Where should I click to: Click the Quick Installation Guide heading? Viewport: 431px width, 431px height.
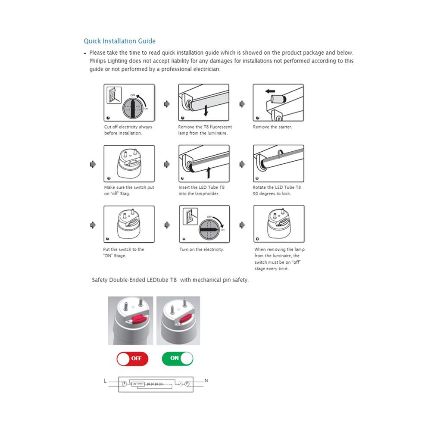coord(119,41)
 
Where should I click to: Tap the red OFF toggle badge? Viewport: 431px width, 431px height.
coord(132,358)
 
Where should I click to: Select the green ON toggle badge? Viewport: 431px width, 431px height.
coord(178,358)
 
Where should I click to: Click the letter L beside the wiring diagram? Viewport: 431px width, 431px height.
coord(105,381)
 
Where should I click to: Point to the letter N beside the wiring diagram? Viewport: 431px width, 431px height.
coord(206,381)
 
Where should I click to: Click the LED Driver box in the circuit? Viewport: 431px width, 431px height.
coord(137,383)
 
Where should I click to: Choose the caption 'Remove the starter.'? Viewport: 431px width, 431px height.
coord(272,127)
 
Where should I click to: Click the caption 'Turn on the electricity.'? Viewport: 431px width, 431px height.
coord(202,250)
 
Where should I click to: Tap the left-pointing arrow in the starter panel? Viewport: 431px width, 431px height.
coord(270,91)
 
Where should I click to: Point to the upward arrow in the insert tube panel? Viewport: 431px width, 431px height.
coord(208,172)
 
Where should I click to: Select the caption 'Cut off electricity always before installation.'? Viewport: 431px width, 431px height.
coord(128,130)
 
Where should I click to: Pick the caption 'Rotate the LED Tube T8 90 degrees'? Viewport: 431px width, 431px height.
coord(277,191)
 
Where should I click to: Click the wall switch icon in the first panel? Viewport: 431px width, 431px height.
coord(113,95)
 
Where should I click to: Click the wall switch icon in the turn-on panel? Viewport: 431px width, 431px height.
coord(187,216)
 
